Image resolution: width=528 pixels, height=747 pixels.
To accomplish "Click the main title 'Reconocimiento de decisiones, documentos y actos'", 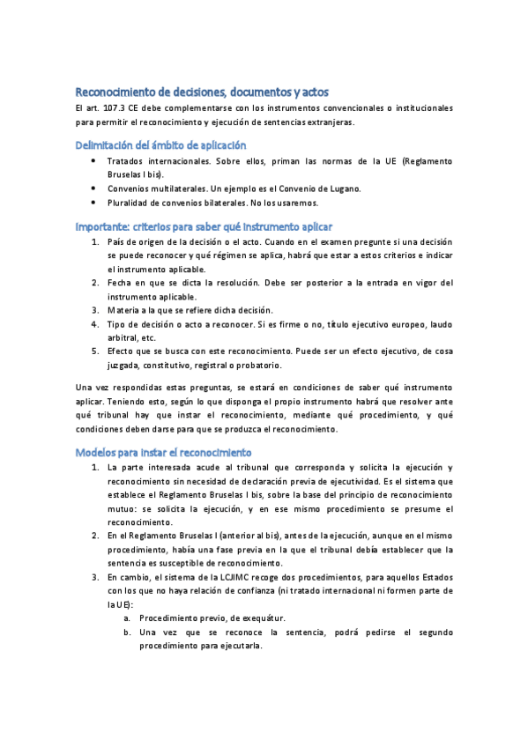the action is coord(202,91).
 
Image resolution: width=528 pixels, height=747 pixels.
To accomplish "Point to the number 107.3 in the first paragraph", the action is coord(116,108).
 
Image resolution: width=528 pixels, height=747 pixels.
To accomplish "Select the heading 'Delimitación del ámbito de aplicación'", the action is coord(160,145).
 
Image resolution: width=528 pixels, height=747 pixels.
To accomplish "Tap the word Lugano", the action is coord(342,189).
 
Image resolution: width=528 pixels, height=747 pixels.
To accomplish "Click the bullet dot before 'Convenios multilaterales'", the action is coord(95,189).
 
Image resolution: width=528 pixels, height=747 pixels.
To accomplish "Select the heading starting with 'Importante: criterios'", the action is coord(204,226).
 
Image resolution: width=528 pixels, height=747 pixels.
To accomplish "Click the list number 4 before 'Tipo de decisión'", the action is coord(95,323).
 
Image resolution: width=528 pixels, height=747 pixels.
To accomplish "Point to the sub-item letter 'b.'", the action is coord(128,632).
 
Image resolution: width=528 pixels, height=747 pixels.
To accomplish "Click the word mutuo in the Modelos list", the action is coord(122,509).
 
